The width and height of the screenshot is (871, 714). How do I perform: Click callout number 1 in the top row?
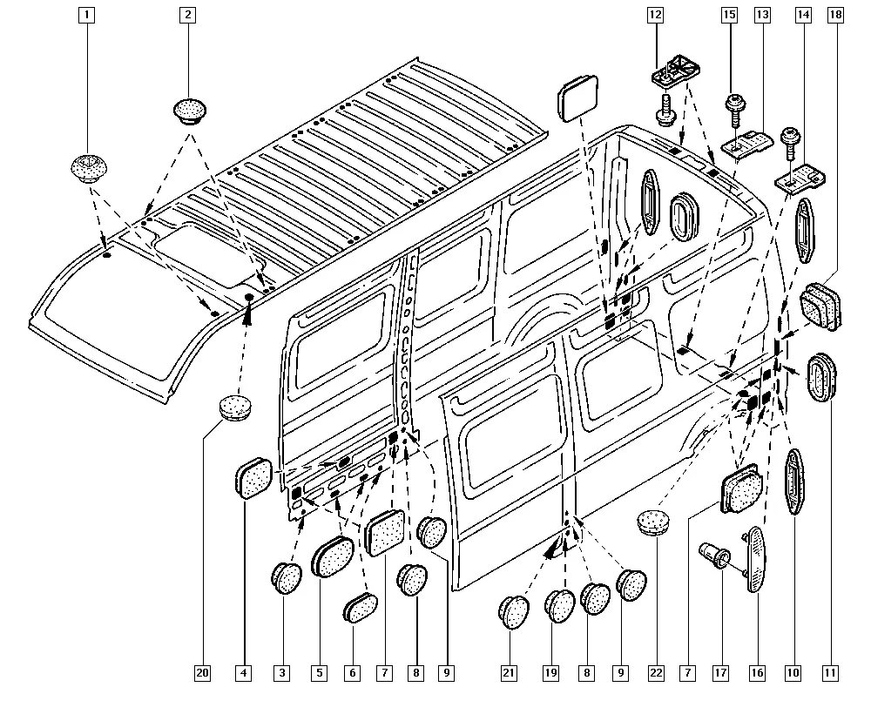coord(86,14)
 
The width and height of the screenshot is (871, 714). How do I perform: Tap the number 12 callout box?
coord(655,14)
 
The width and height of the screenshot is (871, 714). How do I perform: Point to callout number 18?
coord(835,14)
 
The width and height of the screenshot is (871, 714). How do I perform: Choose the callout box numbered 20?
coord(203,672)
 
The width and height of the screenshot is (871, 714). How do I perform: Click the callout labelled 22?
coord(656,672)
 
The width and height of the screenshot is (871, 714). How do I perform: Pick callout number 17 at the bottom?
coord(720,672)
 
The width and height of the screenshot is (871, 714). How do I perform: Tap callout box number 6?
coord(353,672)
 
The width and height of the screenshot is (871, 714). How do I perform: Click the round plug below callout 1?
coord(86,165)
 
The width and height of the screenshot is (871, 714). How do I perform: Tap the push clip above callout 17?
coord(715,555)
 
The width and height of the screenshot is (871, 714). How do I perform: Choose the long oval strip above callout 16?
coord(754,559)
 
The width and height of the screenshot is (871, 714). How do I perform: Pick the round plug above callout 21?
coord(514,610)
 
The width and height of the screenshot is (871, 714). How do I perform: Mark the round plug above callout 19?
coord(560,606)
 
